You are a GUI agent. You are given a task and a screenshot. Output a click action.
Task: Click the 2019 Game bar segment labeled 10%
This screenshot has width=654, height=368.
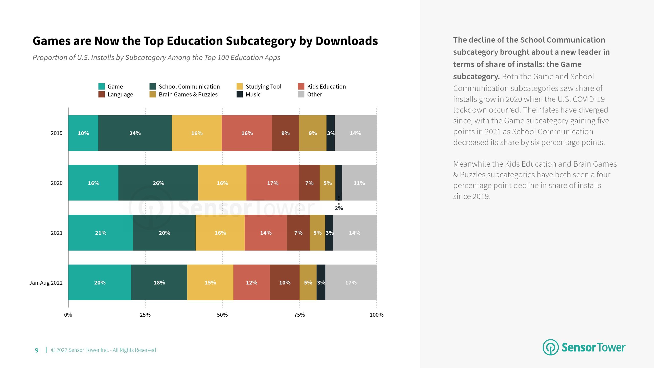click(83, 133)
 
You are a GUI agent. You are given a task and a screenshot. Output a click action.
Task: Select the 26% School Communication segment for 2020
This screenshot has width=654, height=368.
click(158, 183)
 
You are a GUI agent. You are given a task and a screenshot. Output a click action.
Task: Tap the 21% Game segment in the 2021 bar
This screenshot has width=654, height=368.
click(101, 233)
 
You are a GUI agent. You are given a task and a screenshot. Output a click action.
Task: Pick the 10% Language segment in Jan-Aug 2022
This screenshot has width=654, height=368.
click(285, 283)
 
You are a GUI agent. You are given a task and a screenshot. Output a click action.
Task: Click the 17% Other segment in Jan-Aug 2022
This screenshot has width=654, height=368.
click(351, 283)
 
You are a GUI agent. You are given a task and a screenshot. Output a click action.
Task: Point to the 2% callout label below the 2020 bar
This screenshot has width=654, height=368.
click(339, 208)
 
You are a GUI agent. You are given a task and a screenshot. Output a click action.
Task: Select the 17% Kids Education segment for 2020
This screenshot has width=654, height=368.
click(273, 183)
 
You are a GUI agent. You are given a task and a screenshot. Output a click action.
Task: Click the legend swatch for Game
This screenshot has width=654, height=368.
click(101, 86)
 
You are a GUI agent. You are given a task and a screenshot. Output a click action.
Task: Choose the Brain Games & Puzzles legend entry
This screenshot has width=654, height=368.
click(188, 95)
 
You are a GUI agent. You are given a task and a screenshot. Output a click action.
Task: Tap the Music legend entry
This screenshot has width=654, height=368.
click(253, 95)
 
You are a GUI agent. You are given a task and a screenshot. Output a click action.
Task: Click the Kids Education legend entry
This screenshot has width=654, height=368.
click(326, 87)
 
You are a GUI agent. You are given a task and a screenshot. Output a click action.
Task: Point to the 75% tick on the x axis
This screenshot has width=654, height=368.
click(299, 315)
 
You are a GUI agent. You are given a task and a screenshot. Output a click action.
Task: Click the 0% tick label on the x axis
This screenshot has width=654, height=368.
click(68, 315)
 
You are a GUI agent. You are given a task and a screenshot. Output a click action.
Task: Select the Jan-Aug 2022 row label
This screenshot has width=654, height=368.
click(46, 283)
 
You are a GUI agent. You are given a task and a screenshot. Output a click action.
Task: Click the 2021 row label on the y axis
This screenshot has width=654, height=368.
click(56, 233)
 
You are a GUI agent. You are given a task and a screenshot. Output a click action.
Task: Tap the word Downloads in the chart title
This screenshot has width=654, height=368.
click(347, 41)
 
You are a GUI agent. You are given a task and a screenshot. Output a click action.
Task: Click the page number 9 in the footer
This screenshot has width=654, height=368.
click(37, 350)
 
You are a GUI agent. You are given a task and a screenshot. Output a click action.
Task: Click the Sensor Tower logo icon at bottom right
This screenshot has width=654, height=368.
click(551, 347)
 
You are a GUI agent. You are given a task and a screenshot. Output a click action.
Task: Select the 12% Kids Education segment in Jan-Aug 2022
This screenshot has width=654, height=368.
click(251, 283)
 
